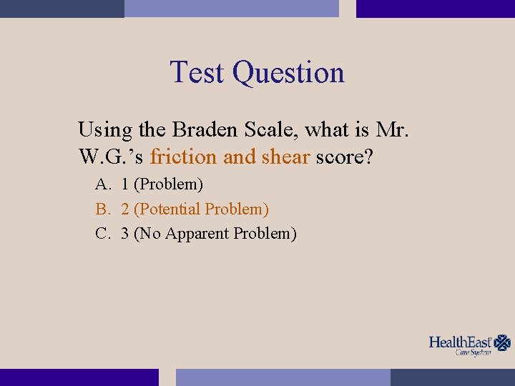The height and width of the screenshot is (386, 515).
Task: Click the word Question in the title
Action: click(288, 74)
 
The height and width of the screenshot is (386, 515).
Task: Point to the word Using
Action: click(104, 131)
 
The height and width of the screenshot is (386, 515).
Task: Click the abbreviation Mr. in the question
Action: click(392, 129)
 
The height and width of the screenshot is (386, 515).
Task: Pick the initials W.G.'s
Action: click(112, 157)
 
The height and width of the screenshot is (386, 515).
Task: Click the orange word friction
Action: click(184, 157)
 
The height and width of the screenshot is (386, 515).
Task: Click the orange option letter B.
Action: click(102, 209)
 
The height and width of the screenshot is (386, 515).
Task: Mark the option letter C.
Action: click(102, 234)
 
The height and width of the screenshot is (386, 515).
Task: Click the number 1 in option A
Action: click(125, 184)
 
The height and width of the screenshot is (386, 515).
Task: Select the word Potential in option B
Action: click(170, 209)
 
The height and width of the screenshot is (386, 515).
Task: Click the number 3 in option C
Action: click(125, 234)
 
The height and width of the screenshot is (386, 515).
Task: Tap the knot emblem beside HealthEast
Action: click(504, 342)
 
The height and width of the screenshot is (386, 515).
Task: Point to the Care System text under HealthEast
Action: click(474, 352)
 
